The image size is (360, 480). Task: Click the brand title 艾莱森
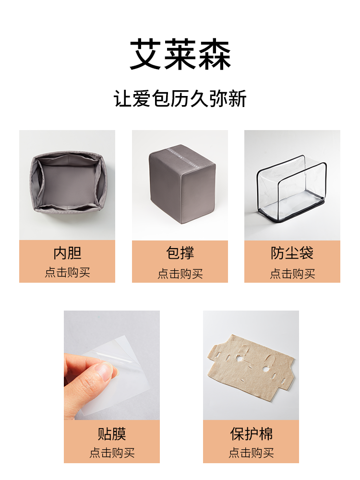(x=180, y=55)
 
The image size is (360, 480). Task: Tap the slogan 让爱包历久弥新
(x=180, y=98)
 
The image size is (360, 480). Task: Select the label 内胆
(x=67, y=253)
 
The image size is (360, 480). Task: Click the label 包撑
(x=180, y=253)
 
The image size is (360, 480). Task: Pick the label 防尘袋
(x=292, y=253)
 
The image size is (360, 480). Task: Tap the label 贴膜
(x=112, y=434)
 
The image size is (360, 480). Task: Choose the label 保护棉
(x=251, y=434)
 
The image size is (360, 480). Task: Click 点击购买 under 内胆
(x=67, y=273)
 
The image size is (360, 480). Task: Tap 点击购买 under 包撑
(x=180, y=274)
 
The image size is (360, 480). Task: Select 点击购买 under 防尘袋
(x=292, y=274)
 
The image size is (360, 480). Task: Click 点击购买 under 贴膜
(x=112, y=453)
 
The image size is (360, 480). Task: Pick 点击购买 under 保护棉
(x=251, y=453)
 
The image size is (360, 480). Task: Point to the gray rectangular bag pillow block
(x=182, y=184)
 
